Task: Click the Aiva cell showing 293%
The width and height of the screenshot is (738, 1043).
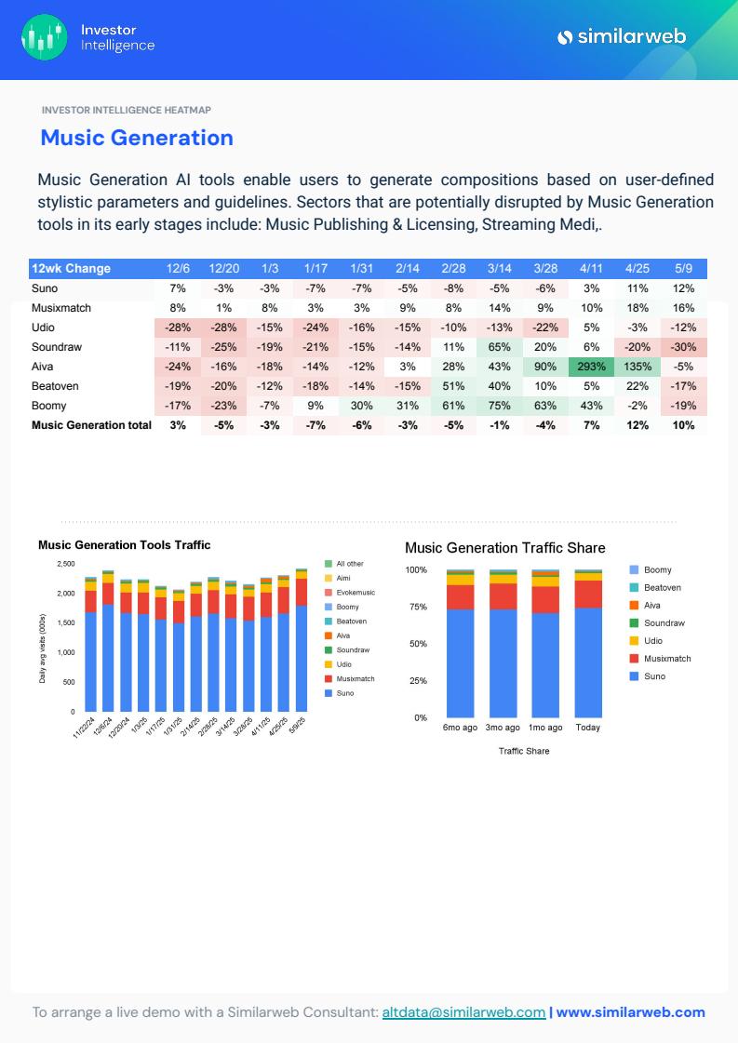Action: (x=591, y=367)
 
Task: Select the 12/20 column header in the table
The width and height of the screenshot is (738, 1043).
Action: (x=224, y=269)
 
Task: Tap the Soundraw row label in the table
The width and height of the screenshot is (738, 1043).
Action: (x=57, y=347)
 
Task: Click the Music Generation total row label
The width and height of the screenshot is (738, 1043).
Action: (x=91, y=425)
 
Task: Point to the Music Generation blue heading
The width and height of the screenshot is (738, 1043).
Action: (x=137, y=138)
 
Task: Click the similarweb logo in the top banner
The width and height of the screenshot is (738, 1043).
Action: (x=621, y=37)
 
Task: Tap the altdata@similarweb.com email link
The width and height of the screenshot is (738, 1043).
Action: (x=463, y=1012)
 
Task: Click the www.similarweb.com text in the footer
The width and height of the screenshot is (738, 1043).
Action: (x=630, y=1012)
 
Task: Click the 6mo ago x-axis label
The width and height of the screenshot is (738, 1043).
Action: (x=460, y=728)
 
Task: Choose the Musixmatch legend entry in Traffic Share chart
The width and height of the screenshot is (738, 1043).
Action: (x=666, y=659)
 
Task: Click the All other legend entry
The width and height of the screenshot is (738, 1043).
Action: (x=349, y=564)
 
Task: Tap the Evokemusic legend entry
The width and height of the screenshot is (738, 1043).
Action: (x=355, y=593)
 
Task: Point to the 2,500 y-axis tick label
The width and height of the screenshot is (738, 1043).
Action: (x=65, y=564)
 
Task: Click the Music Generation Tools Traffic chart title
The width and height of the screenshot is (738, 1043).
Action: (x=124, y=545)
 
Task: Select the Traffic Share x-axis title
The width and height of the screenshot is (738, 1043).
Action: (x=524, y=751)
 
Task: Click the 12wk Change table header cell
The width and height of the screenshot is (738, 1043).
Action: (x=72, y=269)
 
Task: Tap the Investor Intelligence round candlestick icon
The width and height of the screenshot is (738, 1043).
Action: (x=45, y=37)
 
